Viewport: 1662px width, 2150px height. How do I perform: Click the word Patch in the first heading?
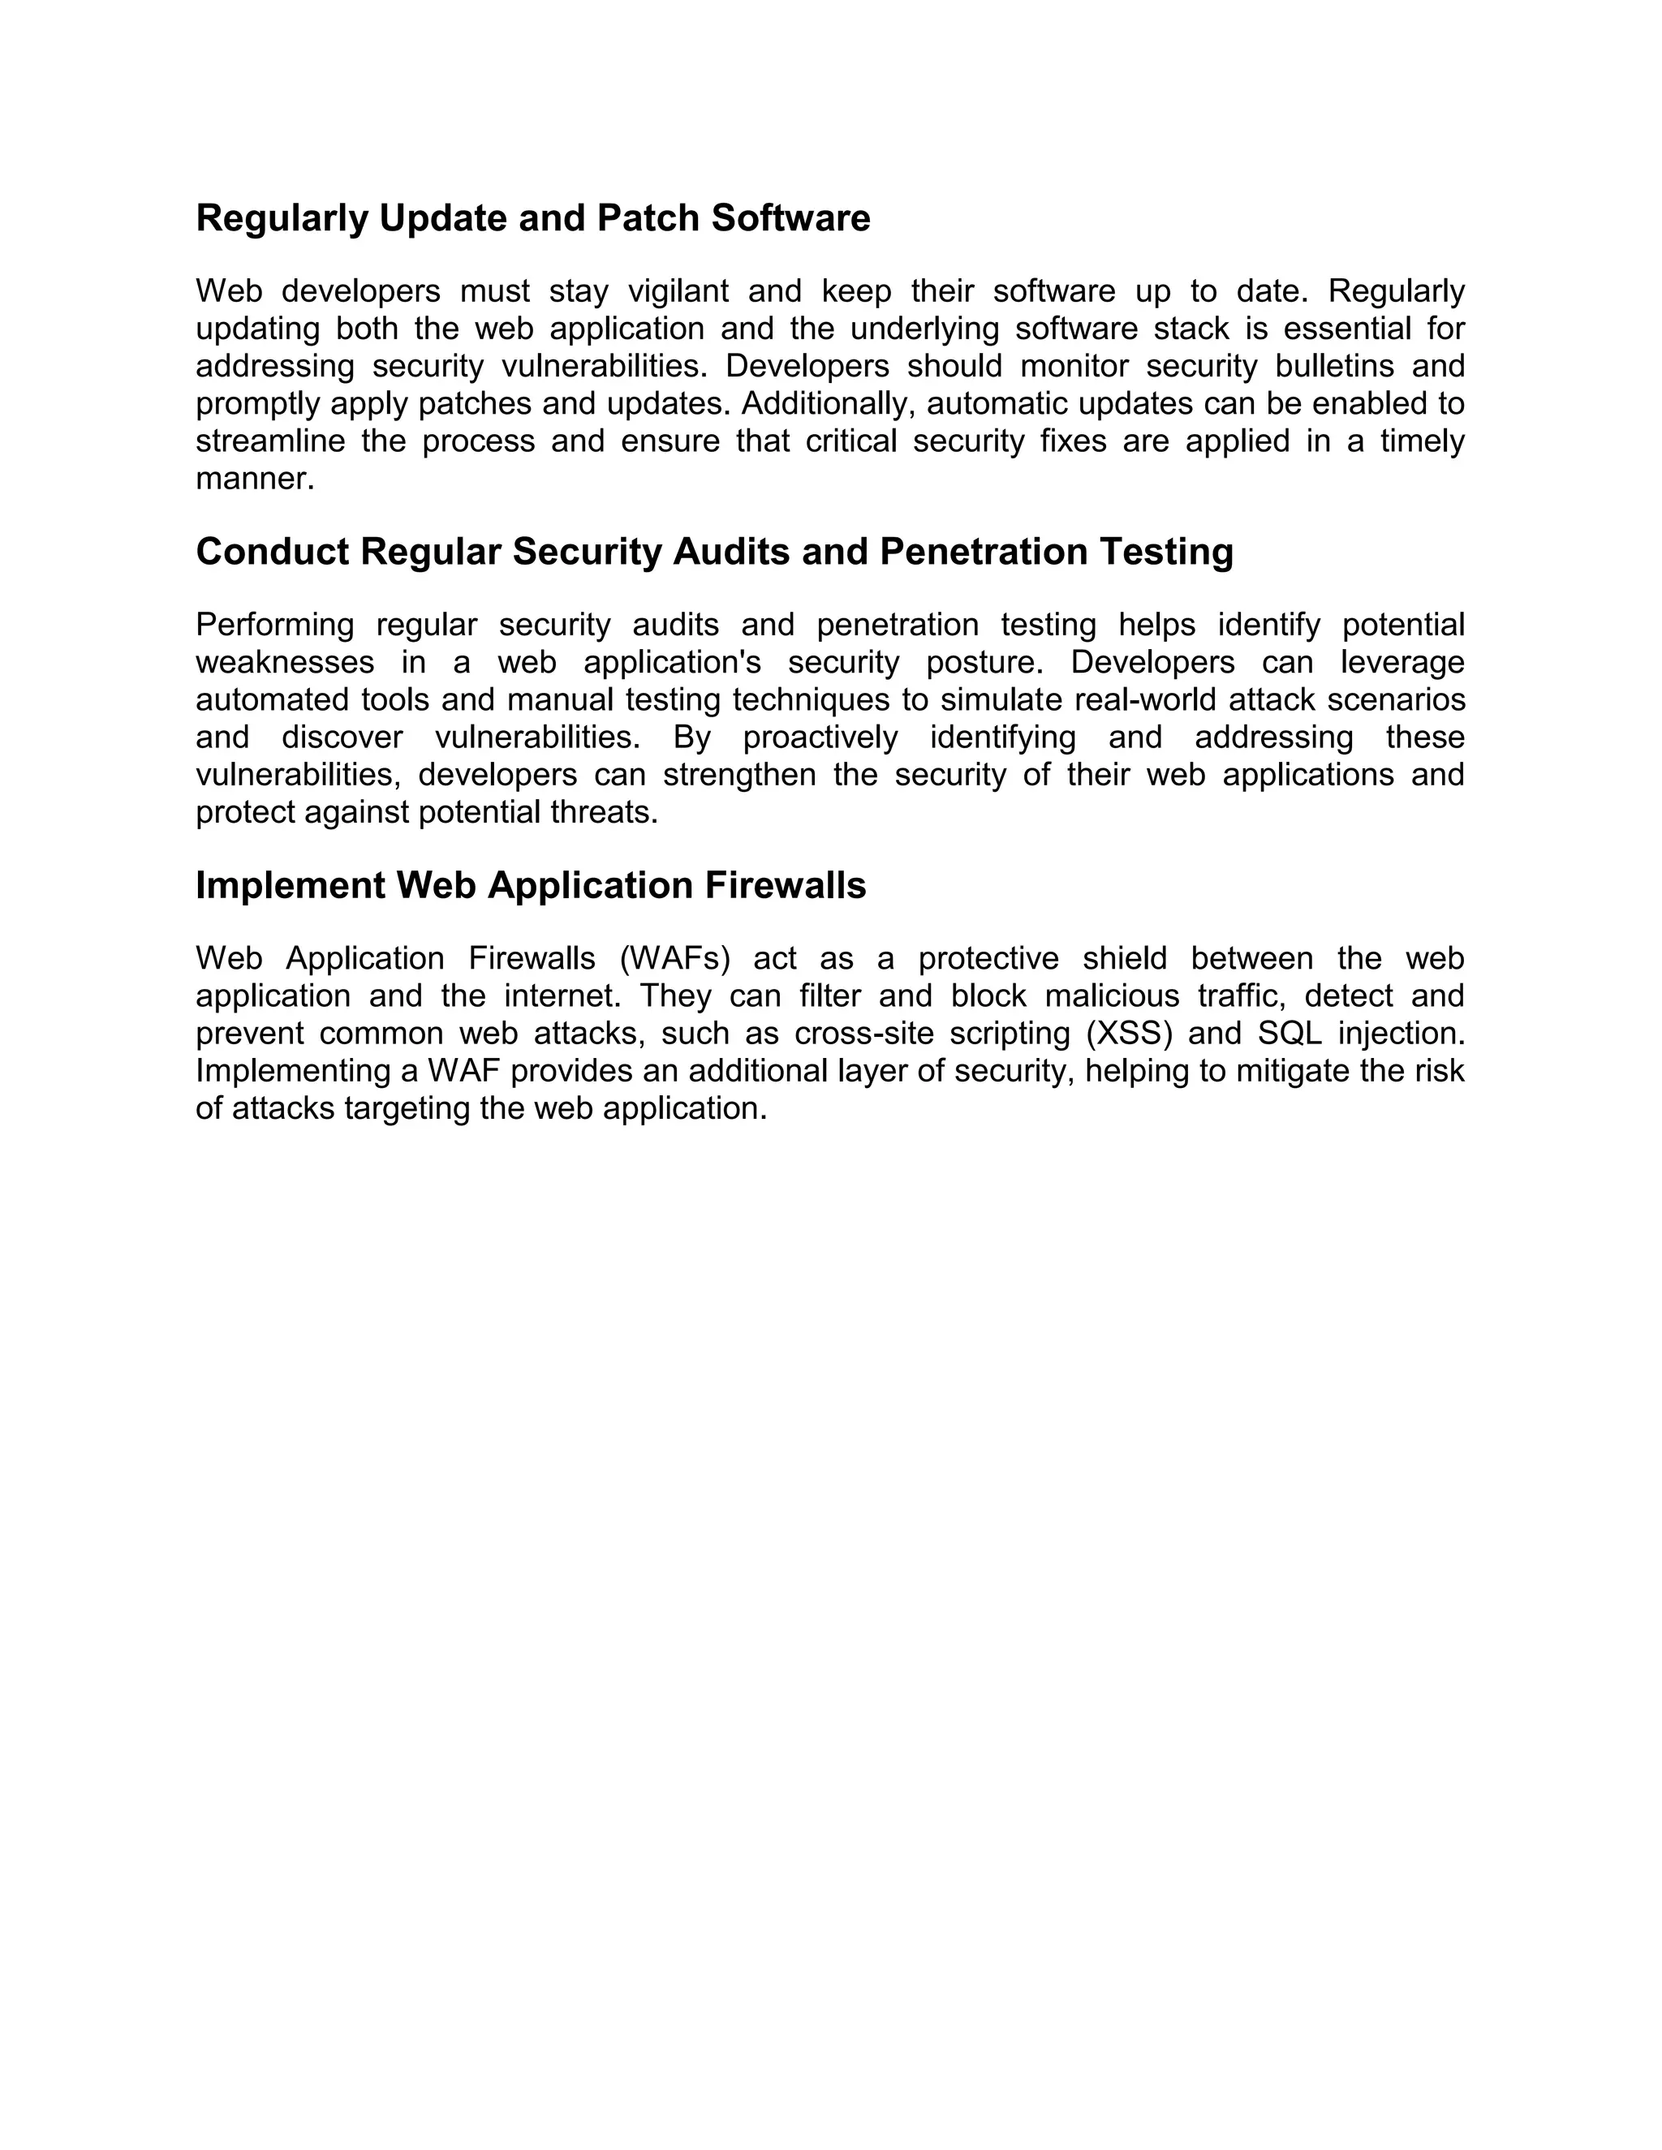[648, 218]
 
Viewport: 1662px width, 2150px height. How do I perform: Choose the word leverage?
[1403, 663]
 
